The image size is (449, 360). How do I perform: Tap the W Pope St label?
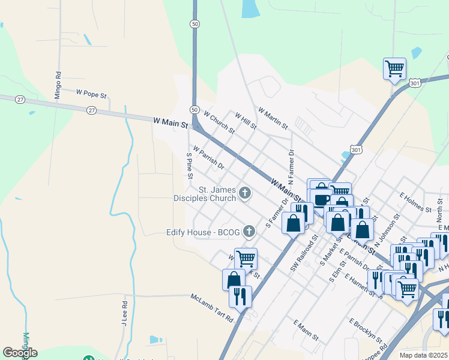point(91,94)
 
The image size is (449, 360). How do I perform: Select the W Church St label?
point(219,122)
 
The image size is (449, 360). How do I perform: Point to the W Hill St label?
point(246,121)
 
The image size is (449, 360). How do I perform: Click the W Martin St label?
point(273,118)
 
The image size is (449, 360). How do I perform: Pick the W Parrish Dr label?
point(208,157)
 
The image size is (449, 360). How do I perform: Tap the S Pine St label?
point(189,166)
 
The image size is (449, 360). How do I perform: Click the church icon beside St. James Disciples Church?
point(244,193)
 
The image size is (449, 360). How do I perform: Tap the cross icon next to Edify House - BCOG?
point(252,232)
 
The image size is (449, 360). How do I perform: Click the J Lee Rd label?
point(125,312)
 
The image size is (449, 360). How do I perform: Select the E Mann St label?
point(306,331)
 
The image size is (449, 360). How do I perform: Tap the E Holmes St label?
point(415,202)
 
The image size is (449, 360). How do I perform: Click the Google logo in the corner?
point(20,353)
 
